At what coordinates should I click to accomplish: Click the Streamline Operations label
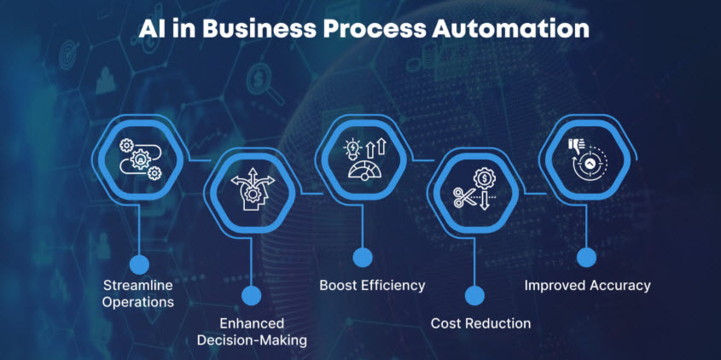(x=138, y=293)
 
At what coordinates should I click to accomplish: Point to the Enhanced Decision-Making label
(x=251, y=332)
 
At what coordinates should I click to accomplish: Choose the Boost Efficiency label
(x=372, y=285)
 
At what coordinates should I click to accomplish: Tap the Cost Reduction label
(x=480, y=323)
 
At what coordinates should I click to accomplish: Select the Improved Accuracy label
(x=587, y=285)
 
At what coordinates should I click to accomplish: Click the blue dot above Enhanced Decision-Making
(x=251, y=296)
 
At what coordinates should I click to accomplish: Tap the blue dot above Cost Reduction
(x=474, y=296)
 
